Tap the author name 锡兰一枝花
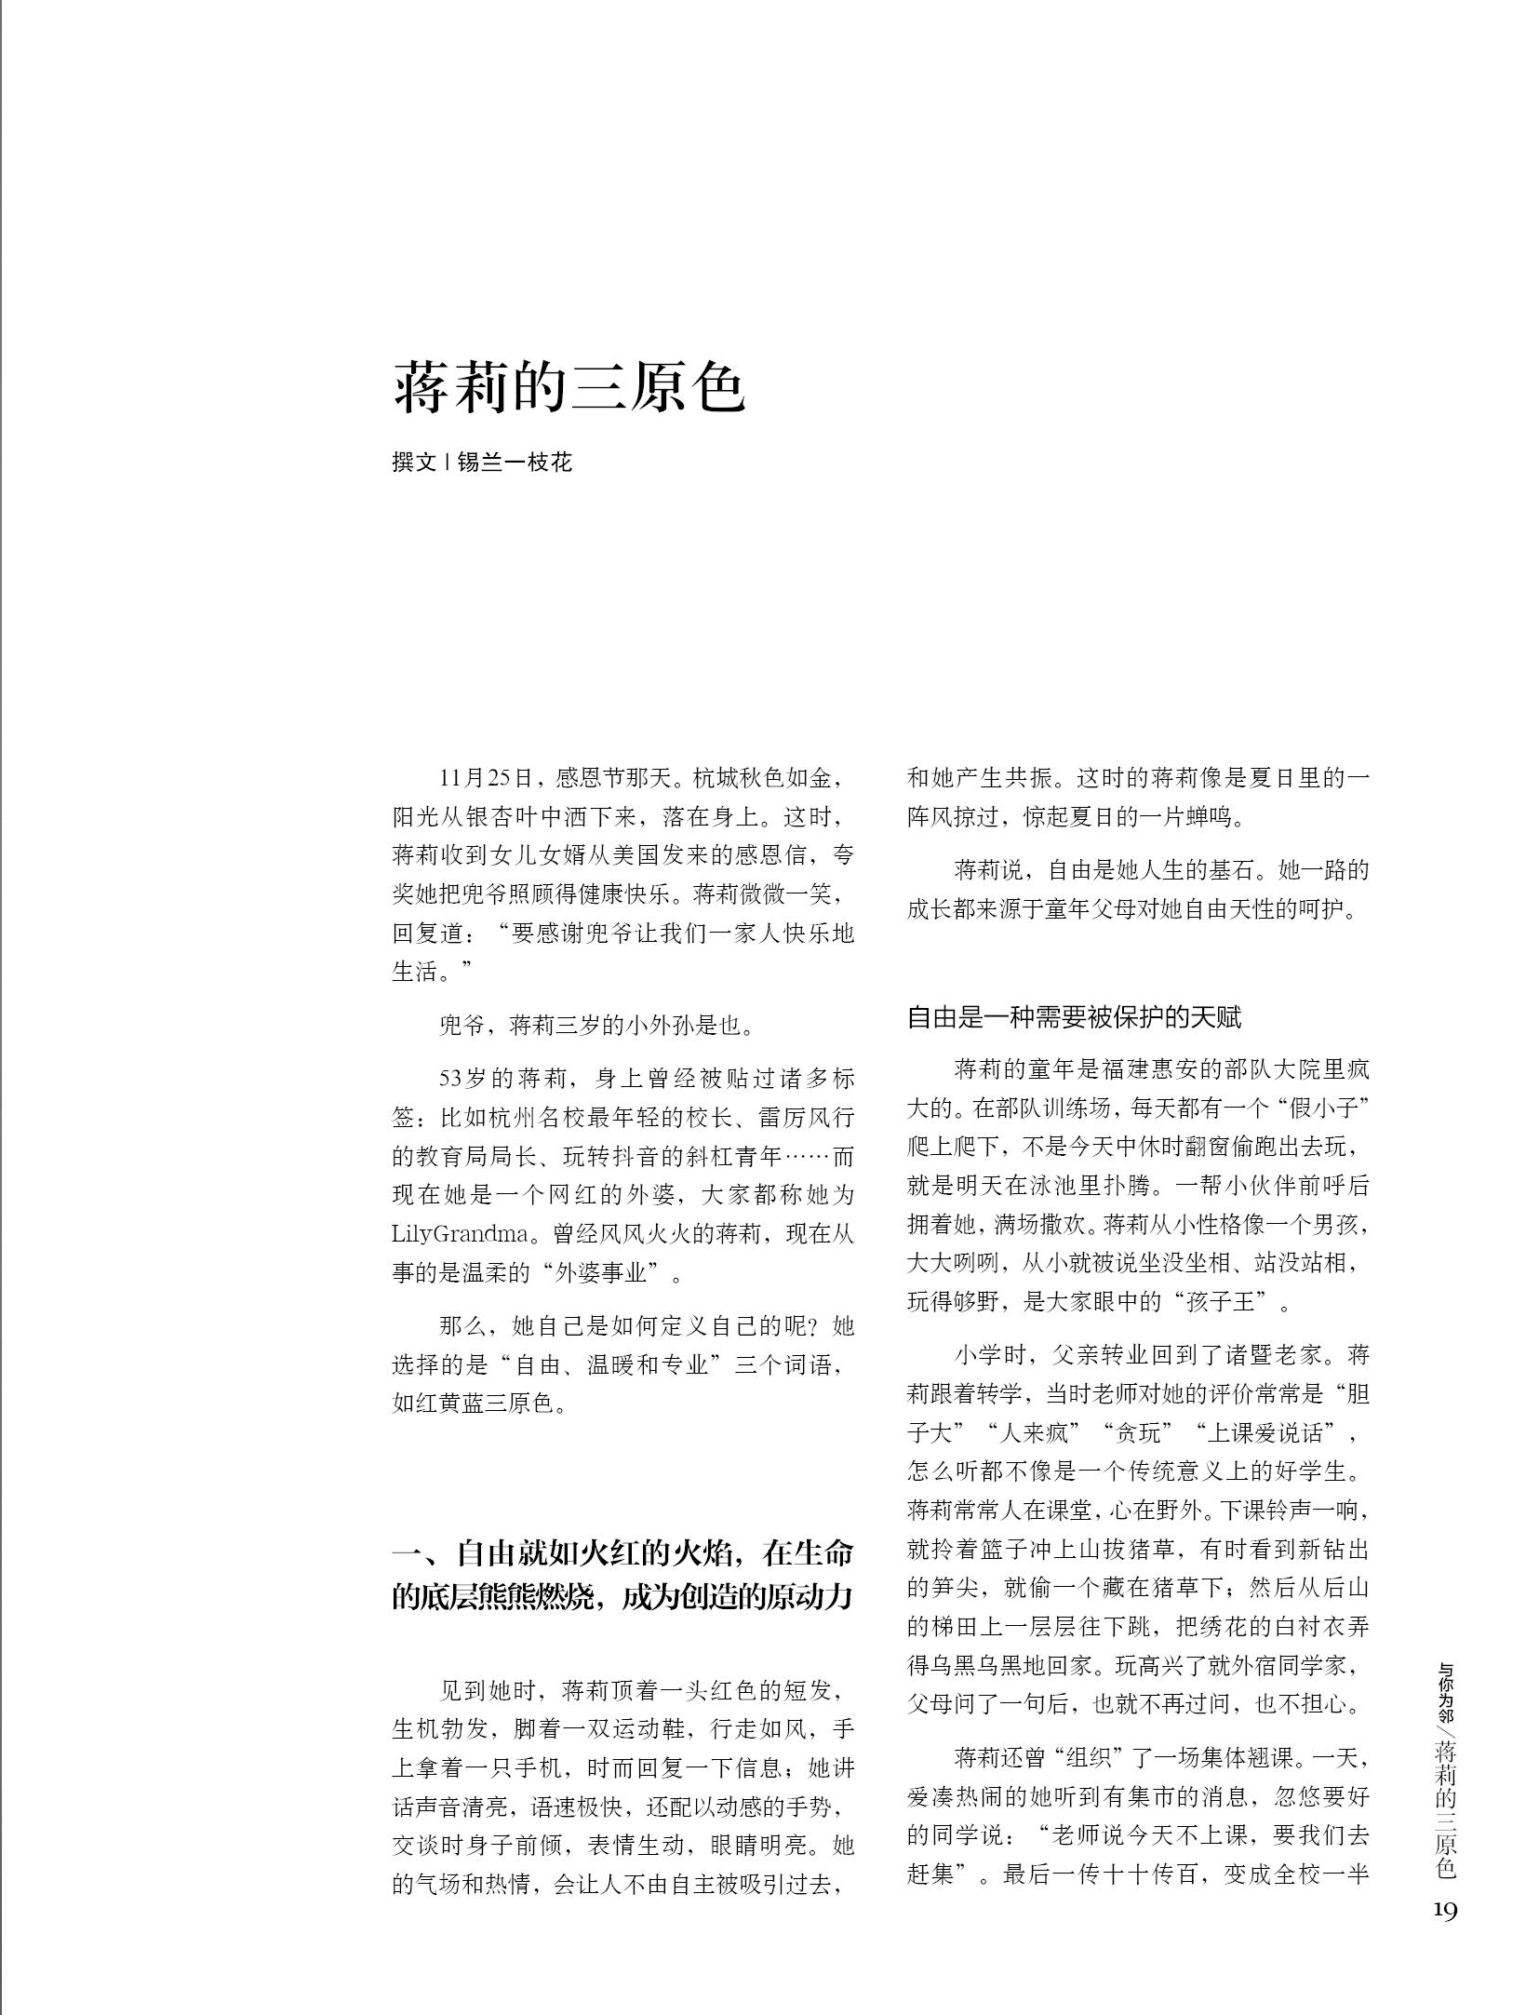515,462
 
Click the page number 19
1444,1911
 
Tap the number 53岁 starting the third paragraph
463,1079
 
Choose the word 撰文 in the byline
414,462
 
